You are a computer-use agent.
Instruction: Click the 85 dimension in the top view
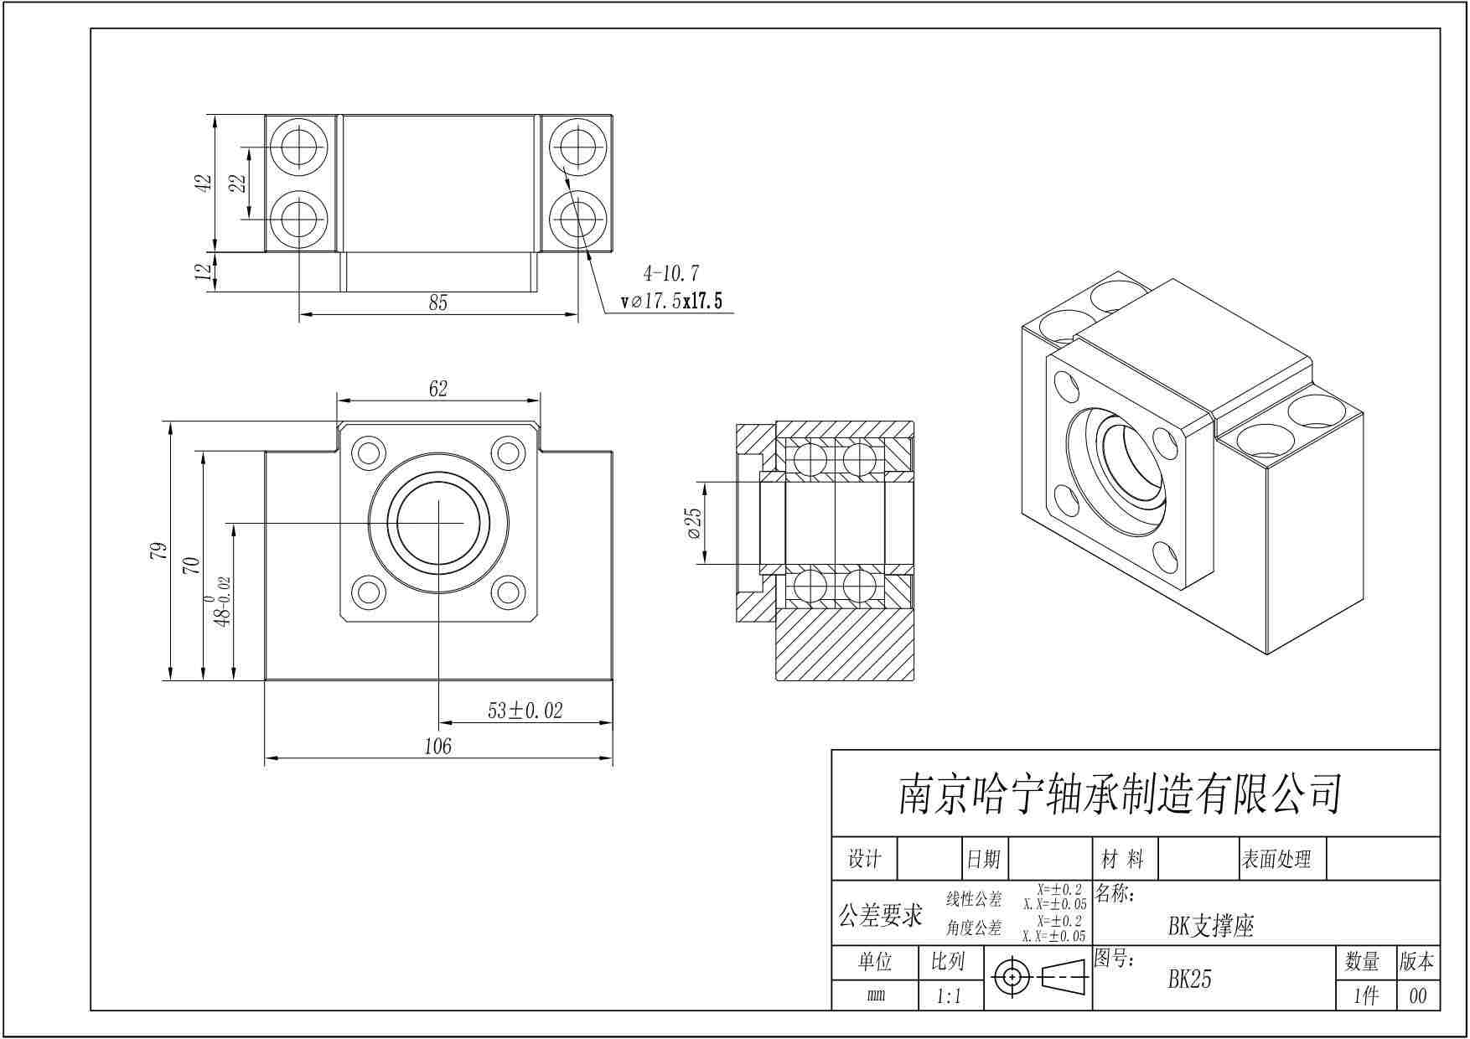tap(438, 302)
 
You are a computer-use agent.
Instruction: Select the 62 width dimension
tap(438, 389)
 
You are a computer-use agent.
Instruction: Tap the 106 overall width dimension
tap(438, 746)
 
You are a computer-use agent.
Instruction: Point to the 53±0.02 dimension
tap(525, 711)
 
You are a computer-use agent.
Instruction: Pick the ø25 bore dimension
tap(694, 523)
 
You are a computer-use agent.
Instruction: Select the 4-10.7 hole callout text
tap(670, 273)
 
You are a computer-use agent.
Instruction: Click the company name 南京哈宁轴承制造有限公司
tap(1121, 793)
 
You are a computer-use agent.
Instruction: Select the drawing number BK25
tap(1190, 980)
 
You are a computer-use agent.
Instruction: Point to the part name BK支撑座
tap(1211, 926)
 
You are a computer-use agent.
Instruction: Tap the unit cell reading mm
tap(875, 996)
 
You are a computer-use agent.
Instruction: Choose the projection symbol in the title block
tap(1038, 978)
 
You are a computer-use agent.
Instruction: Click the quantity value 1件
tap(1366, 996)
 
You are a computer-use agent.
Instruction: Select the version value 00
tap(1418, 996)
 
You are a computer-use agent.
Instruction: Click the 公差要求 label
tap(881, 915)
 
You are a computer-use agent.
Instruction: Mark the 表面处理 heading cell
tap(1276, 859)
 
